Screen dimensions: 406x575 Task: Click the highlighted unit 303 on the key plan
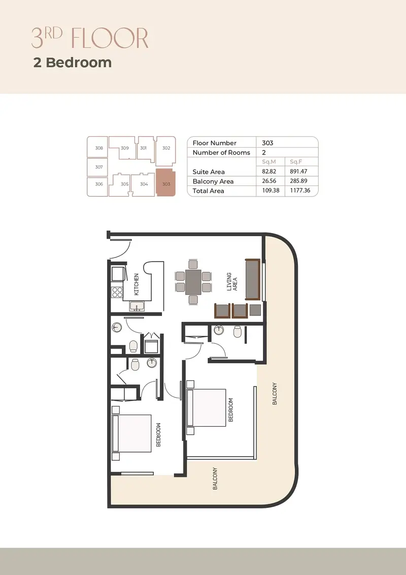165,183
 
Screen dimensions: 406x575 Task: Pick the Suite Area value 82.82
269,171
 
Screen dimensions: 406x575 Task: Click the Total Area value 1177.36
300,190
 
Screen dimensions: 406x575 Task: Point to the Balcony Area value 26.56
269,181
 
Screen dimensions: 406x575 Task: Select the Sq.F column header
296,162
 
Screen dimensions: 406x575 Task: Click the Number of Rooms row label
221,152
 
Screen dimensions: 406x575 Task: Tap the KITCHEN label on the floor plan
137,284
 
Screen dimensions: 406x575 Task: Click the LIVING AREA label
232,281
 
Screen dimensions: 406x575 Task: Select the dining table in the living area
193,282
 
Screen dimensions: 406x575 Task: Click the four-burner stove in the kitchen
117,292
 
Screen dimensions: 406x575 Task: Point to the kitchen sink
137,306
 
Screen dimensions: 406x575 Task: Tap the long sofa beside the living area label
252,279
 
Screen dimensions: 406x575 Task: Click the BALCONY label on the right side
275,394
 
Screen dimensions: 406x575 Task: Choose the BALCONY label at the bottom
215,478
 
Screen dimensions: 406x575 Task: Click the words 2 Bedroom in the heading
73,62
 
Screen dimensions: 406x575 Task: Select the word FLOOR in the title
109,38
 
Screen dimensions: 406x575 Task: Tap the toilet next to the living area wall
238,332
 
